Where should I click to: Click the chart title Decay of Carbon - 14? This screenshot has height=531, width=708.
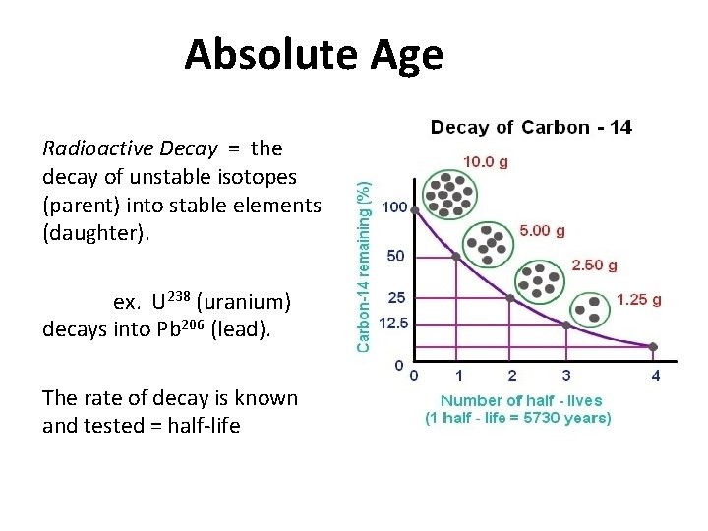point(530,127)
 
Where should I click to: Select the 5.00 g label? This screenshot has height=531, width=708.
point(542,231)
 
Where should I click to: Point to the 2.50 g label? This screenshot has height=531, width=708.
point(594,265)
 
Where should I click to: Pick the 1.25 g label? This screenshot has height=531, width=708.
point(638,299)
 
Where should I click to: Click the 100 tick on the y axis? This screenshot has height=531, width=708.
point(393,208)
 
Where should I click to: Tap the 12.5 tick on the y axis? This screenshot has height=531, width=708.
point(393,322)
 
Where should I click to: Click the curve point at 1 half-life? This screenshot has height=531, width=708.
point(456,256)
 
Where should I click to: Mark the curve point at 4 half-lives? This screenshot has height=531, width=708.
point(655,346)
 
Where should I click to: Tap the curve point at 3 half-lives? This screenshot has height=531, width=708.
point(565,324)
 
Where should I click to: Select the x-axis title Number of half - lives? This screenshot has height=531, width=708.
point(521,400)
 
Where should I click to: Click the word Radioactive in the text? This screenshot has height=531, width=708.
point(88,149)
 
